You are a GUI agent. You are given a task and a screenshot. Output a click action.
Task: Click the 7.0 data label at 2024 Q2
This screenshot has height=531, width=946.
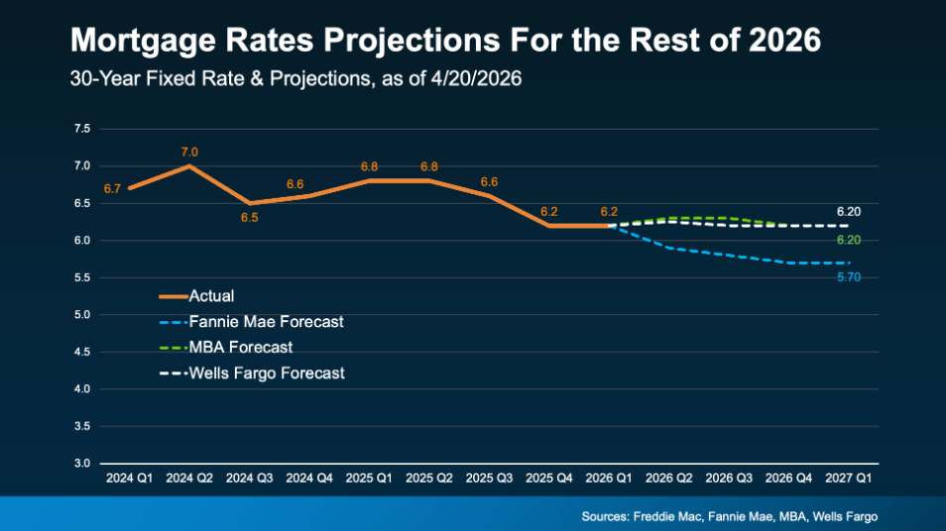tap(189, 152)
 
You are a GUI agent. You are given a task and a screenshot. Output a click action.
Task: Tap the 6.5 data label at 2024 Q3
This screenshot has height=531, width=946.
tap(249, 217)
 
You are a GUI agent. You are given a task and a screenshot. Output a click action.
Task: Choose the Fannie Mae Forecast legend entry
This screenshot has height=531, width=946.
tap(266, 322)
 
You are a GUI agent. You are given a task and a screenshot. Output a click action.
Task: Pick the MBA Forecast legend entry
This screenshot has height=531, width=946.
tap(240, 348)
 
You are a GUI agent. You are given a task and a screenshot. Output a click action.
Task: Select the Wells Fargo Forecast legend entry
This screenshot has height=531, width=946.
tap(267, 373)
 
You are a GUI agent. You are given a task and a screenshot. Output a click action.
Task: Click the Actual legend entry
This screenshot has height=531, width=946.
tap(211, 295)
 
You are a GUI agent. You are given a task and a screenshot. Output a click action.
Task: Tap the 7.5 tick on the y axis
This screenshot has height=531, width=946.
tap(82, 129)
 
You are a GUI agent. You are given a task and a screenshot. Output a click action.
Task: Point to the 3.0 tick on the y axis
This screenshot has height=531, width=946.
tap(82, 464)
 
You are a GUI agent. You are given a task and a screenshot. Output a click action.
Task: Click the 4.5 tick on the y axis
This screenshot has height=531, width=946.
tap(82, 352)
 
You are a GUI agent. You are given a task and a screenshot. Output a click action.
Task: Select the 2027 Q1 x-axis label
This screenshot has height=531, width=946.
tap(850, 478)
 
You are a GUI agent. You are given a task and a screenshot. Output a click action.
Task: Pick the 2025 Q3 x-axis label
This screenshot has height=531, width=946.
tap(490, 478)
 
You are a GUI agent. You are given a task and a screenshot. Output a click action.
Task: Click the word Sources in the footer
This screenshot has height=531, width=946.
tap(608, 516)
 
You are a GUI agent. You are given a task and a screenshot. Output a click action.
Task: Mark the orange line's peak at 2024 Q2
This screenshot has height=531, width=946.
tap(189, 165)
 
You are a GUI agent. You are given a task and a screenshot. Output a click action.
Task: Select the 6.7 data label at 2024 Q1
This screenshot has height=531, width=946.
tap(112, 188)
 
